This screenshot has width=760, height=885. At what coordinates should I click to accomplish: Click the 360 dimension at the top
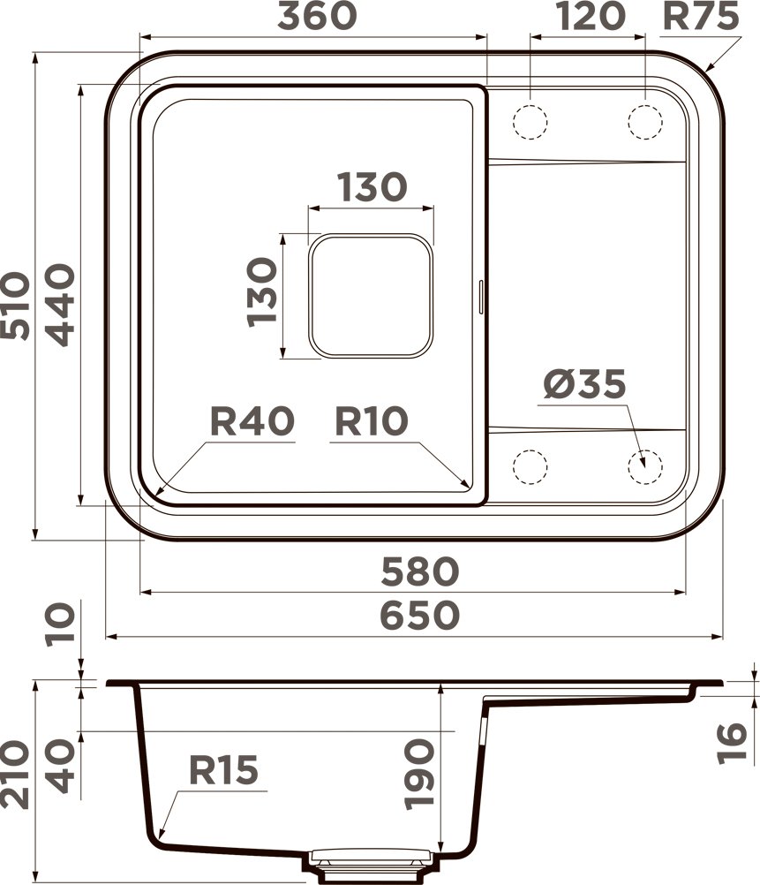coord(318,17)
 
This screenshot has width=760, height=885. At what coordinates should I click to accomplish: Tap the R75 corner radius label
coord(703,17)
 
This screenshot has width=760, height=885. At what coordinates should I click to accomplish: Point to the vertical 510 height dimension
coord(17,306)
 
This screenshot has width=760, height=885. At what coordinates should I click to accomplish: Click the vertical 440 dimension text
coord(58,306)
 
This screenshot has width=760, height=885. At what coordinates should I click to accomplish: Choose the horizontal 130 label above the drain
coord(371,186)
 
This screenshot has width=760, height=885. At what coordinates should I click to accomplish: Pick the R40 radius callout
coord(252,422)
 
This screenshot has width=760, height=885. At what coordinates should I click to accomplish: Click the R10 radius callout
coord(371,422)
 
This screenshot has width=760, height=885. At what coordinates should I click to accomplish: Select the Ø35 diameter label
coord(584,385)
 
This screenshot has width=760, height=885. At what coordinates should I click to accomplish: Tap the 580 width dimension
coord(420,571)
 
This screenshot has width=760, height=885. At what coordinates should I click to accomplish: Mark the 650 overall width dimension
coord(420,616)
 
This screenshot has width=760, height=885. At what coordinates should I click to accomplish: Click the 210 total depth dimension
coord(17,774)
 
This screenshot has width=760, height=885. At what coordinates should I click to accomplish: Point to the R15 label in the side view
coord(224,771)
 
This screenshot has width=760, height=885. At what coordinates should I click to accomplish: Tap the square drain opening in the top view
coord(371,296)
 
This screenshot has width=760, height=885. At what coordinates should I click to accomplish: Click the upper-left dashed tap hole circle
coord(530,121)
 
